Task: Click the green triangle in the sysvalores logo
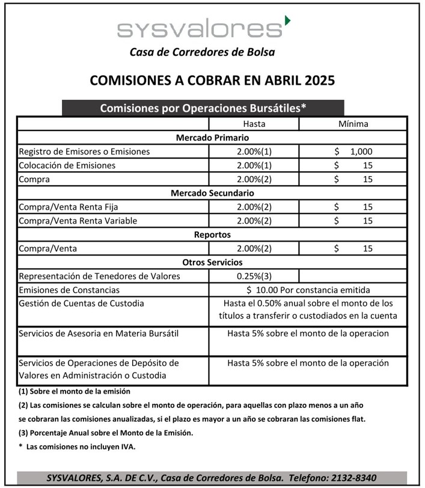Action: click(287, 21)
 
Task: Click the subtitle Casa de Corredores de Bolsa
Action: click(202, 52)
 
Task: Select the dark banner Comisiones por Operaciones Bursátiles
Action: click(203, 108)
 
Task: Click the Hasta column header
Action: click(254, 124)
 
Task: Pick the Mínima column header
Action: click(353, 124)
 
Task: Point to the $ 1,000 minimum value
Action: click(353, 151)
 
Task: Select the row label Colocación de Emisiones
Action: click(67, 165)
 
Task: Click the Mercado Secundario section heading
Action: click(212, 193)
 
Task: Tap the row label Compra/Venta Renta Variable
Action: click(78, 221)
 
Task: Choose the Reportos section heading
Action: click(212, 234)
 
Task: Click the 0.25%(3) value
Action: click(254, 276)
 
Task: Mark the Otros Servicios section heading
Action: click(212, 262)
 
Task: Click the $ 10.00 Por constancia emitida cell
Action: click(308, 290)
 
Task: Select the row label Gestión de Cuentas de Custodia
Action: click(82, 303)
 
